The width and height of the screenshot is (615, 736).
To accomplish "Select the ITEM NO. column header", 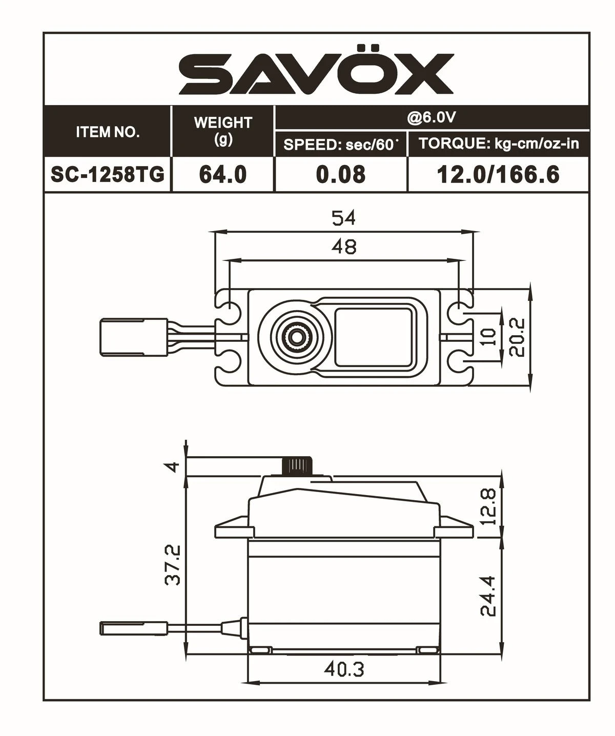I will click(108, 132).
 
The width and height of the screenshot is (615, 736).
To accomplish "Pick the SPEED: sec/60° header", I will click(341, 145).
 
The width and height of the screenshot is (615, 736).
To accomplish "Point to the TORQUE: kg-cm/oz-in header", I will click(499, 144).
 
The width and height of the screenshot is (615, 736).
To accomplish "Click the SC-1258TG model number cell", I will click(108, 175).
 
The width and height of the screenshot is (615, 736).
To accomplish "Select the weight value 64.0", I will click(223, 175).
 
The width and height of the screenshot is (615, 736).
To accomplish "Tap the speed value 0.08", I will click(341, 175).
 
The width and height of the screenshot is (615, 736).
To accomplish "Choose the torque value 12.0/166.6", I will click(498, 175).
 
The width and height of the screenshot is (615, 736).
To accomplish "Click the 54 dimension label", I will click(343, 218).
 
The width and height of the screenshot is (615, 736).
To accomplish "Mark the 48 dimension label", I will click(343, 247).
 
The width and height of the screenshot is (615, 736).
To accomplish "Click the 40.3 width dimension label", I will click(343, 669).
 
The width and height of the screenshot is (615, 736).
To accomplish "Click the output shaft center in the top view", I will click(296, 336).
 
